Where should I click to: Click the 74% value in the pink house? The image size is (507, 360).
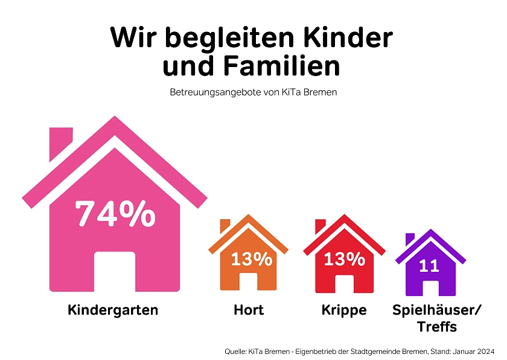click(115, 214)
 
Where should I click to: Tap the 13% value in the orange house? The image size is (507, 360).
click(251, 259)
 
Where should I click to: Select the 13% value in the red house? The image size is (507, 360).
click(344, 259)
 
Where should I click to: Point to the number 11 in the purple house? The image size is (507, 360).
click(429, 265)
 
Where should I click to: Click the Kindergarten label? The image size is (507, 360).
click(113, 310)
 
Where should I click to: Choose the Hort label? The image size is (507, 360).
click(249, 310)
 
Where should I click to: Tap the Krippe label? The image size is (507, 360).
click(344, 310)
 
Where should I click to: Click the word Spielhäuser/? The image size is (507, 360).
click(437, 310)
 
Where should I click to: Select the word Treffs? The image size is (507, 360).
click(436, 327)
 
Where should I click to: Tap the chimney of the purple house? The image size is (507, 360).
click(410, 239)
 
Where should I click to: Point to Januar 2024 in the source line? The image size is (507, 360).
click(474, 351)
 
